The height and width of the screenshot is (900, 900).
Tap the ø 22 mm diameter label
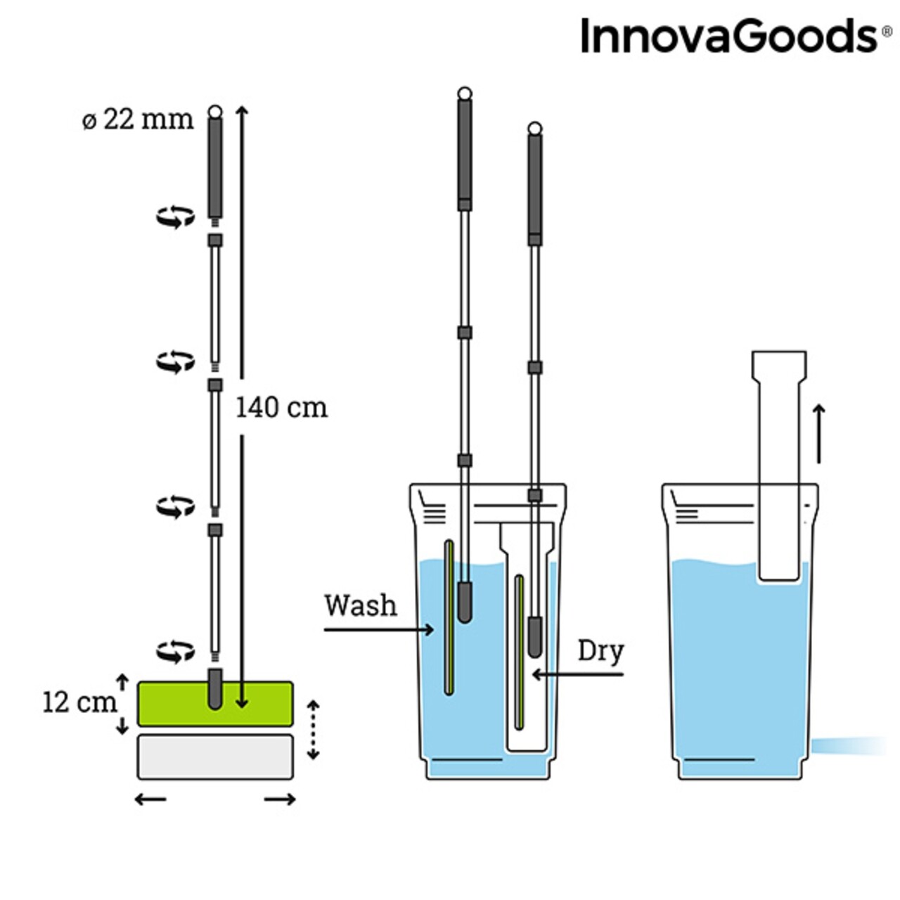(138, 120)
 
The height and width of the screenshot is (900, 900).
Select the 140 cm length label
(282, 407)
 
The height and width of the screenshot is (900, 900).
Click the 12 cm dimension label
(79, 702)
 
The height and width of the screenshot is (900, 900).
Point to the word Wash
(361, 606)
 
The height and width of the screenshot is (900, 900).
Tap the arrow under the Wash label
(379, 630)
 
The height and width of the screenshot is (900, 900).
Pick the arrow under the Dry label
(578, 674)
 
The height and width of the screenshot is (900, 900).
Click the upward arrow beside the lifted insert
(818, 435)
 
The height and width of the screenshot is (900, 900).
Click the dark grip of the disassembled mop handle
(215, 167)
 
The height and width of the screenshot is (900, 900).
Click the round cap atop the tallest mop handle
(464, 94)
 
